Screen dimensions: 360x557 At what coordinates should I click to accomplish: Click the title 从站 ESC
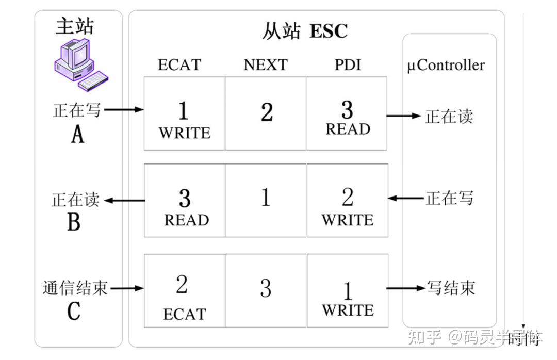305,31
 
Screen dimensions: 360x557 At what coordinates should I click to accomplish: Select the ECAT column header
179,65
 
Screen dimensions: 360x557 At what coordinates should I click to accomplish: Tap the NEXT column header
265,65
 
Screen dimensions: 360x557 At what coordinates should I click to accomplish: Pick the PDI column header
347,65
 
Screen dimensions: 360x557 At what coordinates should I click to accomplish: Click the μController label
447,66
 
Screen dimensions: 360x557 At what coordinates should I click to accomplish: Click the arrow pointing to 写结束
404,288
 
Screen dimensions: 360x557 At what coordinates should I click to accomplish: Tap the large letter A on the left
77,135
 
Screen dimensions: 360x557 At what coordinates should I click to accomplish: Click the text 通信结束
75,288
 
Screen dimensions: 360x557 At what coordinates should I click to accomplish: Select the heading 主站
75,26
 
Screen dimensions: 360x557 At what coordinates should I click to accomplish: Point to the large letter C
74,311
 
